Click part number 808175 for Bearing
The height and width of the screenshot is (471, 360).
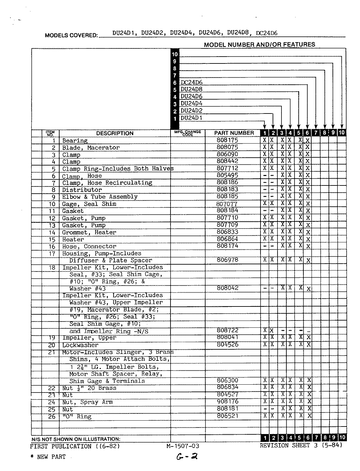point(227,140)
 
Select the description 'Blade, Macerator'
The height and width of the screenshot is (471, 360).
point(91,148)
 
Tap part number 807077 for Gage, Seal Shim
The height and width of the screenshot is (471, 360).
point(227,204)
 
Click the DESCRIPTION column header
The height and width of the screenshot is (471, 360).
point(115,133)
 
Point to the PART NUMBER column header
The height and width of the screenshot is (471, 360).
point(234,133)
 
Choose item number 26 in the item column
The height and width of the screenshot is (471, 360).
point(52,416)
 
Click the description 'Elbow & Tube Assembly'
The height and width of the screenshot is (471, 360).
point(100,197)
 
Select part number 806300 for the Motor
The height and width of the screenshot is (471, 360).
point(227,380)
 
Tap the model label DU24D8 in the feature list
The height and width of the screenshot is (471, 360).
point(191,89)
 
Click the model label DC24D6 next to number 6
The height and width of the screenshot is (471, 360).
point(191,82)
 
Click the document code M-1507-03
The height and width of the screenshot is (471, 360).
point(183,446)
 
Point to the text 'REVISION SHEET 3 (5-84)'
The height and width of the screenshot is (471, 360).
point(301,445)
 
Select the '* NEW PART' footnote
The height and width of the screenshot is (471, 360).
point(48,457)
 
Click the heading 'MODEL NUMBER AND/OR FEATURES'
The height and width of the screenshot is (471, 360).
point(259,44)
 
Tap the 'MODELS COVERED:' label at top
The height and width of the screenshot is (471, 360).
point(71,35)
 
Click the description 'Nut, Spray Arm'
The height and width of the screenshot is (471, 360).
point(87,402)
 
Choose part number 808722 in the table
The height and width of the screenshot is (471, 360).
point(227,331)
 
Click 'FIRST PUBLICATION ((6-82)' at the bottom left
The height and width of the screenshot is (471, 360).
point(75,446)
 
